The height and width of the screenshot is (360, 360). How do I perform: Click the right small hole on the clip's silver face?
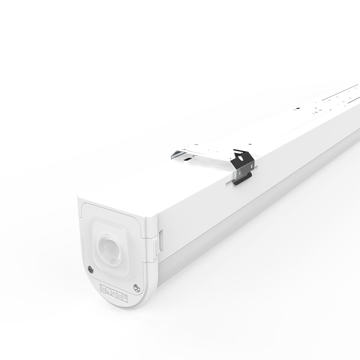(252, 166)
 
